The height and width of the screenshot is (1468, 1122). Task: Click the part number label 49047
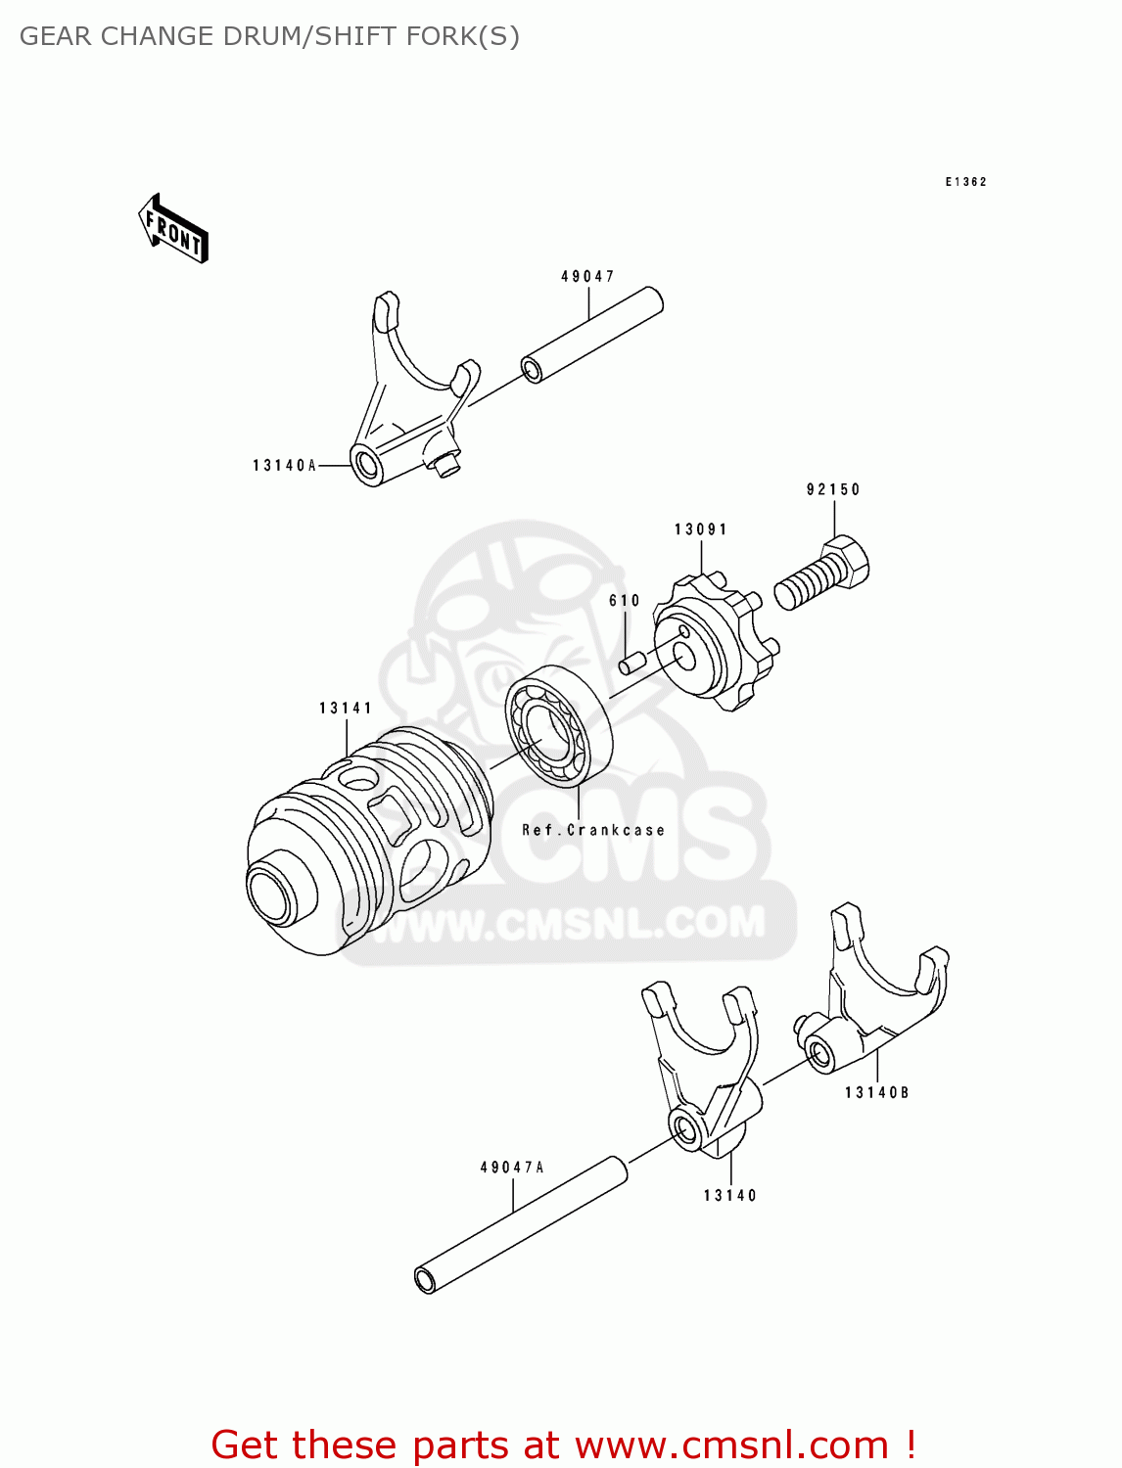tap(587, 277)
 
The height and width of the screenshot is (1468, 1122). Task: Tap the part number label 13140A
tap(284, 466)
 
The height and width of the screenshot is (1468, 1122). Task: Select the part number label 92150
tap(833, 489)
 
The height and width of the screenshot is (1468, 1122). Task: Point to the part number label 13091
tap(701, 529)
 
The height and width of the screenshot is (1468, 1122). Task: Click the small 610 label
tap(625, 601)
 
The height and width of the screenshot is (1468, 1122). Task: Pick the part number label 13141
tap(346, 708)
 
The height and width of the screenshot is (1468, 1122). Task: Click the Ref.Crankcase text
tap(593, 830)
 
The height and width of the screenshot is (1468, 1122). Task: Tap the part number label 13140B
tap(877, 1092)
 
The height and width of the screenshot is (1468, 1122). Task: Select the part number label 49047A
tap(512, 1168)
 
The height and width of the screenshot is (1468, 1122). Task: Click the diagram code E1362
tap(965, 182)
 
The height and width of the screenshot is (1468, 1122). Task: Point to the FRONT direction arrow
tap(174, 230)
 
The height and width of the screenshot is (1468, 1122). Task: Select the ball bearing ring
tap(559, 726)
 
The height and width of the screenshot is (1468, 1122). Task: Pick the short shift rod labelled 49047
tap(592, 335)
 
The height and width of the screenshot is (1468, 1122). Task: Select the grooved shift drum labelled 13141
tap(372, 842)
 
